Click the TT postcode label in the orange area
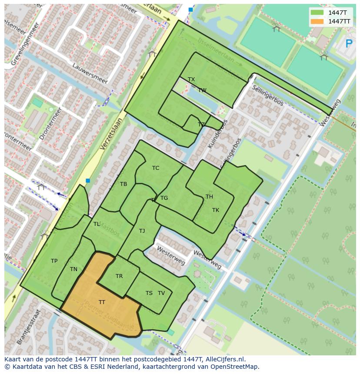click(102, 302)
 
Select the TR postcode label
click(119, 276)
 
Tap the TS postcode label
click(149, 293)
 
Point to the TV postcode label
click(161, 293)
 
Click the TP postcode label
click(54, 261)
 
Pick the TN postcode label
click(73, 269)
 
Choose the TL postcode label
click(97, 224)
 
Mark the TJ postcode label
click(142, 231)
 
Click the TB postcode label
click(123, 184)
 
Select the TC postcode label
click(156, 168)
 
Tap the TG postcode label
click(164, 198)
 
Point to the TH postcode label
click(209, 197)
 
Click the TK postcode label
click(216, 210)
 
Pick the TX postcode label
click(191, 79)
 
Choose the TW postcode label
click(202, 90)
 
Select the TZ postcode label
click(201, 125)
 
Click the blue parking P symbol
click(349, 43)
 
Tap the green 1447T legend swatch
click(317, 13)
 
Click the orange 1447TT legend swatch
click(317, 21)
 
